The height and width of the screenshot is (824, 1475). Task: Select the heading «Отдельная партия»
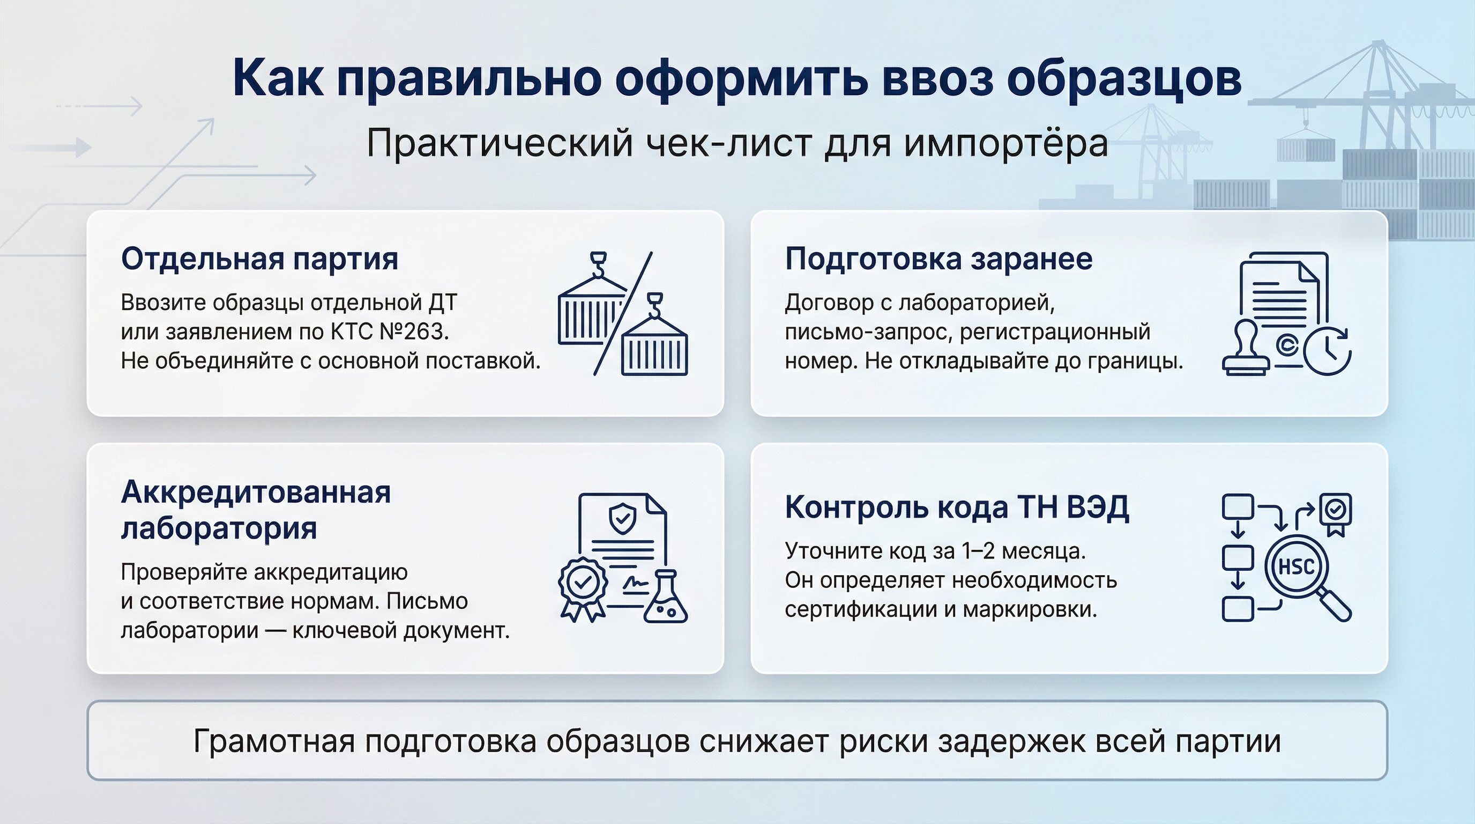pyautogui.click(x=259, y=259)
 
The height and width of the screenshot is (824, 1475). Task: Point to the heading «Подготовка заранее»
pyautogui.click(x=938, y=259)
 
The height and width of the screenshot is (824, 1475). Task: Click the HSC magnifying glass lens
pyautogui.click(x=1296, y=566)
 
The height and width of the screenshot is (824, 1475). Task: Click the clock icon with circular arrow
pyautogui.click(x=1328, y=351)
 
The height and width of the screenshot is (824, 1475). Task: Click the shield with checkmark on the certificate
pyautogui.click(x=622, y=518)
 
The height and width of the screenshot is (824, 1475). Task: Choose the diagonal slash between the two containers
pyautogui.click(x=623, y=314)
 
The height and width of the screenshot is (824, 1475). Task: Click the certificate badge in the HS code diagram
pyautogui.click(x=1335, y=512)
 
